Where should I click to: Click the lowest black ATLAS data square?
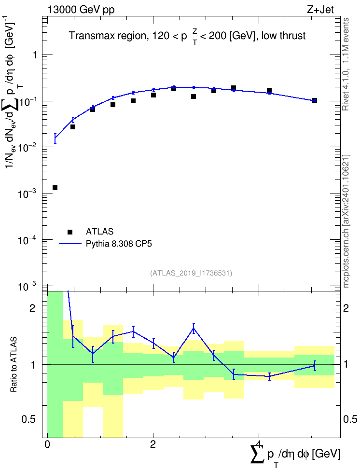[55, 188]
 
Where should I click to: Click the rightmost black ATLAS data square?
[315, 100]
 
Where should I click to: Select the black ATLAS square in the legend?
[70, 232]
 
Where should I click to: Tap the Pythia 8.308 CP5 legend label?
[119, 244]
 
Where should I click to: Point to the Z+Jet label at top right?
[320, 10]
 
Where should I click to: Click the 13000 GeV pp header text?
[81, 10]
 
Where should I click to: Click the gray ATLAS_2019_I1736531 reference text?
[191, 273]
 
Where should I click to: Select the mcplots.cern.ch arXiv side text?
[346, 221]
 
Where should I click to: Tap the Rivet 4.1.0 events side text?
[346, 64]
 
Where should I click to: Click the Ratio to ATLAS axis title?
[14, 364]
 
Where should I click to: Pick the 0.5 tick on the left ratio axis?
[28, 420]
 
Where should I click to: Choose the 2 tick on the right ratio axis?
[346, 308]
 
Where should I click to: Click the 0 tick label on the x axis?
[47, 444]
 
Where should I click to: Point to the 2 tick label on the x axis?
[153, 444]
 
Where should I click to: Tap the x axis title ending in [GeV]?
[295, 455]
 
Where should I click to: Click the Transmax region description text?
[187, 36]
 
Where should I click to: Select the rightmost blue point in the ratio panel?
[315, 366]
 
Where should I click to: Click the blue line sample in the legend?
[70, 244]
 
